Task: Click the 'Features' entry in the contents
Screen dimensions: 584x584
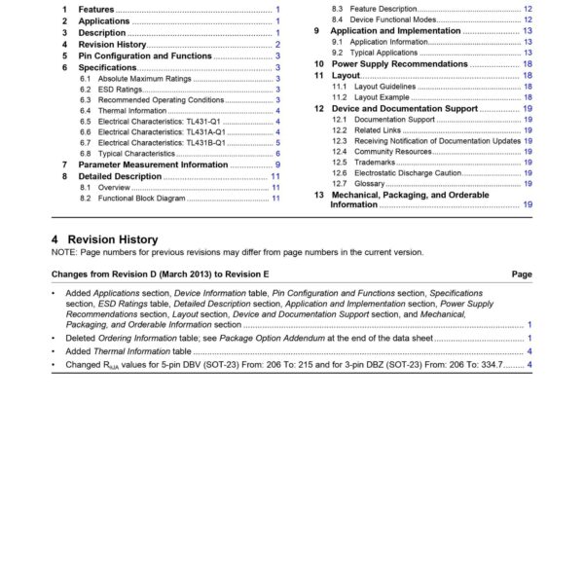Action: (96, 9)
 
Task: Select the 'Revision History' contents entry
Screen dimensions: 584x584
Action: (112, 45)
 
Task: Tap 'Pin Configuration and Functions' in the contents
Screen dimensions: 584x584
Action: (144, 56)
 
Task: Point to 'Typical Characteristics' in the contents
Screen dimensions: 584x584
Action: (135, 154)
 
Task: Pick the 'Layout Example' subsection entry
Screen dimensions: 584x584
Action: (382, 97)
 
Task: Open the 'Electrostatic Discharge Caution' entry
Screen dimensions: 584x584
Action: (408, 172)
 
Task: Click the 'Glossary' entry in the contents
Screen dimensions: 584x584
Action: (369, 183)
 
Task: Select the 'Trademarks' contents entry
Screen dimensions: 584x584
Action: (375, 162)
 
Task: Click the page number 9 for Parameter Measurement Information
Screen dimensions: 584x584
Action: (277, 164)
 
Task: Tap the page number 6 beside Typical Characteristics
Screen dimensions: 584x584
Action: (277, 154)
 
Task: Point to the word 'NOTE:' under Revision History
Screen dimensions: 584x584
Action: (66, 252)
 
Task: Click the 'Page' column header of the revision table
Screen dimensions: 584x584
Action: (522, 274)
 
